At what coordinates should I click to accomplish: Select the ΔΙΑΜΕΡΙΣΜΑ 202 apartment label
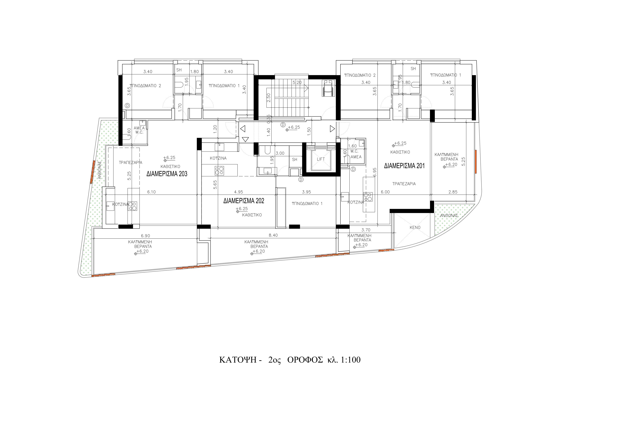[244, 201]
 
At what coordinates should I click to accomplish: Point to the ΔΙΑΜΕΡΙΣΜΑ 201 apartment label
[404, 166]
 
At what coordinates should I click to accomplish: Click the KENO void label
[415, 228]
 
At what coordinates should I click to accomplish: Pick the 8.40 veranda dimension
[273, 235]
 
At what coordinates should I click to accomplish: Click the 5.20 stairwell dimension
[297, 82]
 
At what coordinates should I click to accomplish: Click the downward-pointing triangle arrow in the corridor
[245, 140]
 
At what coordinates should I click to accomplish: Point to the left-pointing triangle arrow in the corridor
[243, 129]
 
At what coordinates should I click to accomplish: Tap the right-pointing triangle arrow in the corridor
[332, 129]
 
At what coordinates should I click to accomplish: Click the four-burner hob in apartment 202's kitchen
[219, 171]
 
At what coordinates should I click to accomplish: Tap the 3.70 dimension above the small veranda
[366, 230]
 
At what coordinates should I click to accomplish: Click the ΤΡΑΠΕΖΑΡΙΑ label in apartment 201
[404, 184]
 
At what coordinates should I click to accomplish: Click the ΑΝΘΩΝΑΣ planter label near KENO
[449, 216]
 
